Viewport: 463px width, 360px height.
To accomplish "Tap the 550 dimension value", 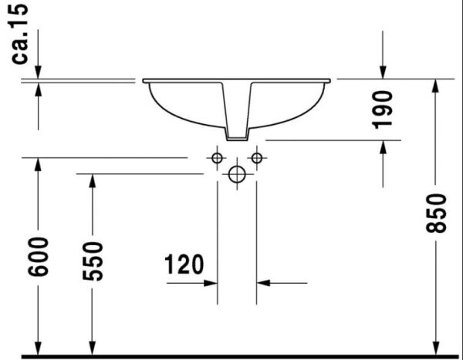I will click(x=93, y=261).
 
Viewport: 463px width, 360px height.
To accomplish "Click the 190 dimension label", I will click(x=383, y=109).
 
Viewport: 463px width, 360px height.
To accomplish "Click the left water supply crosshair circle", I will click(x=217, y=158).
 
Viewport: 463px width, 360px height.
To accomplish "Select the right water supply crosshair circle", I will click(x=256, y=158).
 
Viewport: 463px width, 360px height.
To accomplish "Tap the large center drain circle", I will click(x=237, y=174).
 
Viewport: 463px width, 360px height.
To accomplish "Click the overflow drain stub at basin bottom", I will click(x=237, y=136).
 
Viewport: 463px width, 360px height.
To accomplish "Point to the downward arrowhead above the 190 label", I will click(x=384, y=71).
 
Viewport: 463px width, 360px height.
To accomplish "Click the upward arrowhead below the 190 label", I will click(x=384, y=147).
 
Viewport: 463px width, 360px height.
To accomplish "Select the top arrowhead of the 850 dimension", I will click(x=436, y=86).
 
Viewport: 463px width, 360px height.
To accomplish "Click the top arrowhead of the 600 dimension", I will click(x=38, y=164).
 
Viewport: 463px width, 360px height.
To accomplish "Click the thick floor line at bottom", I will click(x=231, y=356).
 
